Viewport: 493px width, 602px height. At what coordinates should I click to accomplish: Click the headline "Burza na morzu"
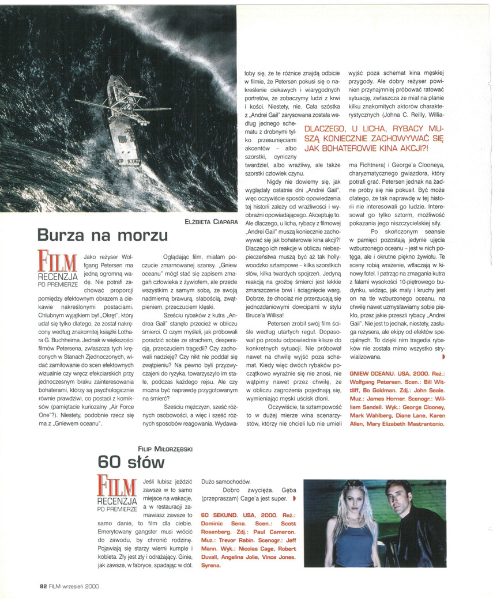(103, 235)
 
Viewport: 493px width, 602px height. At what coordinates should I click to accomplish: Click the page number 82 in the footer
(43, 586)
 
